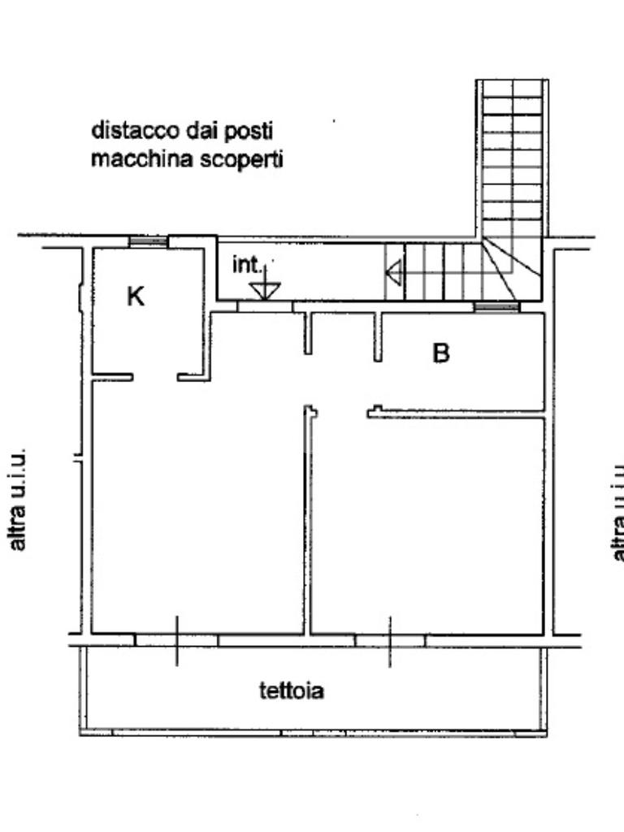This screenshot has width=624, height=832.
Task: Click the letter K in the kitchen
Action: click(136, 297)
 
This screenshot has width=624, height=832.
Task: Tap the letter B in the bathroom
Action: click(441, 353)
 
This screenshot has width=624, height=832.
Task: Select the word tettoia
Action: click(292, 691)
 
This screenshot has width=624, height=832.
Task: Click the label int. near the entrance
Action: click(248, 265)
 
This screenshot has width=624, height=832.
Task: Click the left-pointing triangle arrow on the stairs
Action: click(394, 272)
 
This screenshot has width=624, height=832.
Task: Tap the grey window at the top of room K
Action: click(149, 241)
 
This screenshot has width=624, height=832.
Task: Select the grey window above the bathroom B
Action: click(496, 306)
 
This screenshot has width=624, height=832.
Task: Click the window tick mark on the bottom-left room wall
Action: click(177, 640)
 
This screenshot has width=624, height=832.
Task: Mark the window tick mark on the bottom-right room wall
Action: click(390, 640)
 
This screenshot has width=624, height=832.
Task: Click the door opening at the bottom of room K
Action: click(155, 377)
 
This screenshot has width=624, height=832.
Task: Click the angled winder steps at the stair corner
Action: click(510, 268)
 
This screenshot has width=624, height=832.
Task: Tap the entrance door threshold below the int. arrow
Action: click(265, 306)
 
